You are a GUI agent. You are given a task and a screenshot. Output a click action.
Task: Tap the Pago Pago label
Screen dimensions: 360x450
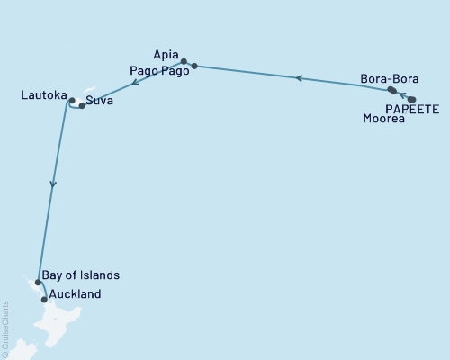(x=159, y=71)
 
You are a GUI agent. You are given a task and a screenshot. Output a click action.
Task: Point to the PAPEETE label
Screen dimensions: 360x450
(x=411, y=109)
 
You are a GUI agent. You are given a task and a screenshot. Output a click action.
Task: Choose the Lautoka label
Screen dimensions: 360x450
(x=42, y=93)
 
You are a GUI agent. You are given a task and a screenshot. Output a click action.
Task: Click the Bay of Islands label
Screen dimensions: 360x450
(x=79, y=274)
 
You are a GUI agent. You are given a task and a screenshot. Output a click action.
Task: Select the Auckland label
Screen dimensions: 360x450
(x=76, y=294)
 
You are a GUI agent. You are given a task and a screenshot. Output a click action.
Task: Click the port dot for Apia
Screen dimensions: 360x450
(x=184, y=62)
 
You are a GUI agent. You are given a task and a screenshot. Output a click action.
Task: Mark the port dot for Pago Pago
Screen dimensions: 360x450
(x=194, y=66)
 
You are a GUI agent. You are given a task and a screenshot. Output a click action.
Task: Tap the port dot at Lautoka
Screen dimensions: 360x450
(x=71, y=101)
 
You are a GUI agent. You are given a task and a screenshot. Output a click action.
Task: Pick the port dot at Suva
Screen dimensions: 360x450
(x=82, y=106)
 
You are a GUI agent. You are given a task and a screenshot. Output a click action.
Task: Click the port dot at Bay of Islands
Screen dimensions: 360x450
(x=38, y=283)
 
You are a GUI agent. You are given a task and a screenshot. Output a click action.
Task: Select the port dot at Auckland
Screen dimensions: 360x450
(x=44, y=299)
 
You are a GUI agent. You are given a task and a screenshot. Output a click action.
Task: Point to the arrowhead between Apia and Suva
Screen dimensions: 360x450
(x=134, y=83)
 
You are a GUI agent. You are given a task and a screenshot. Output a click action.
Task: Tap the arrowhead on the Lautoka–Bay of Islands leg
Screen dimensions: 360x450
(x=53, y=184)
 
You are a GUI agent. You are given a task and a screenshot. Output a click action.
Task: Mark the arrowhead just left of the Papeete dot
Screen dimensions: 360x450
(x=403, y=95)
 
